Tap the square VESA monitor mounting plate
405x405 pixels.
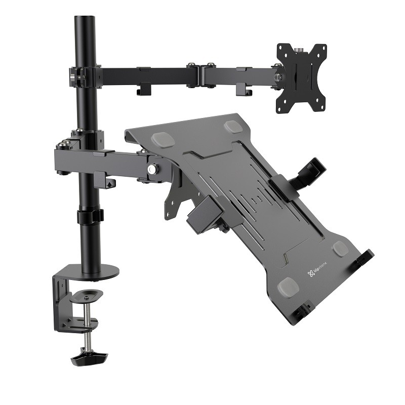coord(301,77)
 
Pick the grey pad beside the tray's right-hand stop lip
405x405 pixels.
coord(340,248)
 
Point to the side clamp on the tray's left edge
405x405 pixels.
coord(205,213)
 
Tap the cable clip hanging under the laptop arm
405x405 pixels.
coord(104,180)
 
